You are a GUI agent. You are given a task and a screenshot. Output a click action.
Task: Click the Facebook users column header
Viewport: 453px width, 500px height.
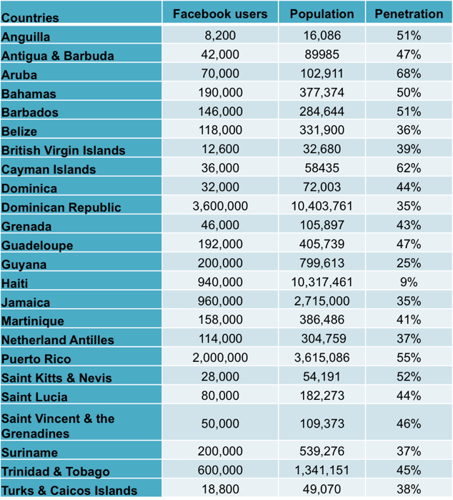pyautogui.click(x=220, y=14)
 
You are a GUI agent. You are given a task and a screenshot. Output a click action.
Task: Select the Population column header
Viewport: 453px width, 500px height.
pyautogui.click(x=322, y=14)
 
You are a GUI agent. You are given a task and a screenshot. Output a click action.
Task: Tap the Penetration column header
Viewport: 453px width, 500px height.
pyautogui.click(x=409, y=14)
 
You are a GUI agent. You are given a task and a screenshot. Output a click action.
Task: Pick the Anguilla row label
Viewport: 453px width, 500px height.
pyautogui.click(x=26, y=36)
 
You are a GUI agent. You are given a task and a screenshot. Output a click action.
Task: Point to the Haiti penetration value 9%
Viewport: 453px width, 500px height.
pyautogui.click(x=409, y=283)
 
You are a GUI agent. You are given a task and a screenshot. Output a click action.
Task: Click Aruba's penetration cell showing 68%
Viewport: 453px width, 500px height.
pyautogui.click(x=409, y=74)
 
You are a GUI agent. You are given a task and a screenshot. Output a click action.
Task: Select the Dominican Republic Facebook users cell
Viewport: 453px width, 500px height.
pyautogui.click(x=220, y=207)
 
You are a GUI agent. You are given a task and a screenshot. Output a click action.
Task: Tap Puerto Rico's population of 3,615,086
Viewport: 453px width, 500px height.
pyautogui.click(x=322, y=358)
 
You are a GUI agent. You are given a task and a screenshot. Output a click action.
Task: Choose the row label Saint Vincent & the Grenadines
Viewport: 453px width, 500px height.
pyautogui.click(x=57, y=426)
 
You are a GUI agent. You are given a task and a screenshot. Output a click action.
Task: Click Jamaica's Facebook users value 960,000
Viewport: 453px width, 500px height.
pyautogui.click(x=220, y=302)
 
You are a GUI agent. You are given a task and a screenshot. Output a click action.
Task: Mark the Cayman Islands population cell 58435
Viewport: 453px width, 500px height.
pyautogui.click(x=322, y=169)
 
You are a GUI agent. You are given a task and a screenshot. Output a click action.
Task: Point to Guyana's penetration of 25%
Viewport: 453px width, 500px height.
pyautogui.click(x=409, y=264)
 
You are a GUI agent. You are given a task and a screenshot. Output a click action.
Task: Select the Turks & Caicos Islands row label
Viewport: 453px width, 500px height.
pyautogui.click(x=69, y=491)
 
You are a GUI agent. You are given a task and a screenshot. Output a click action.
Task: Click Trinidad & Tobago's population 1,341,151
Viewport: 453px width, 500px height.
pyautogui.click(x=322, y=471)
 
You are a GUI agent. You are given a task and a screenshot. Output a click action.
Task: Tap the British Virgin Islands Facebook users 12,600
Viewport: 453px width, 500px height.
pyautogui.click(x=220, y=149)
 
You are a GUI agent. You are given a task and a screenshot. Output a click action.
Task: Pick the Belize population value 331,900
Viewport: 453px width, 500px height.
pyautogui.click(x=322, y=131)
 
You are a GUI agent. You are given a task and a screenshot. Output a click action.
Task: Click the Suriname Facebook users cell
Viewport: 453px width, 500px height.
pyautogui.click(x=220, y=452)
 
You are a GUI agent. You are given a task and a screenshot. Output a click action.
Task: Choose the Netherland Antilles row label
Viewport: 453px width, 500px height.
pyautogui.click(x=58, y=340)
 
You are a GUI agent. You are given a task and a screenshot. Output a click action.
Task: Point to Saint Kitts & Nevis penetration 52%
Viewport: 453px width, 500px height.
pyautogui.click(x=409, y=377)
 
